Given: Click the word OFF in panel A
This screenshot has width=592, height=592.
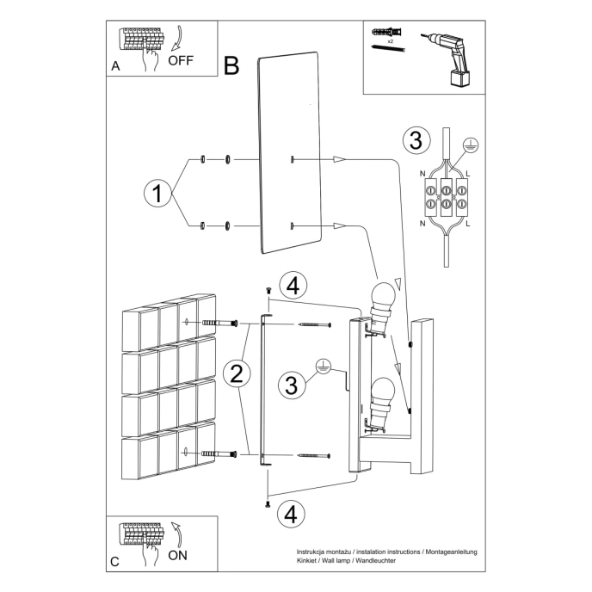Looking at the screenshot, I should (x=182, y=60).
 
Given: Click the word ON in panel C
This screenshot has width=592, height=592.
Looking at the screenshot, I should (x=178, y=555).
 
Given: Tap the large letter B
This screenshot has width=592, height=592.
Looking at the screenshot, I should (x=231, y=65).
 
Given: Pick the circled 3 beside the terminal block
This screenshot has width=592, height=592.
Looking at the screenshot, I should (x=416, y=139).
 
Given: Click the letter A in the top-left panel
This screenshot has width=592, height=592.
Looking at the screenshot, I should (x=115, y=66).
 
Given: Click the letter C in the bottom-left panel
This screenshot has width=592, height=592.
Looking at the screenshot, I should (x=114, y=562).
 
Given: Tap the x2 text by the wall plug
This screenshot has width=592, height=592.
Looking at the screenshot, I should (x=390, y=40).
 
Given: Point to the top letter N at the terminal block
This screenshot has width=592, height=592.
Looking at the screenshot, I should (x=422, y=175).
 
